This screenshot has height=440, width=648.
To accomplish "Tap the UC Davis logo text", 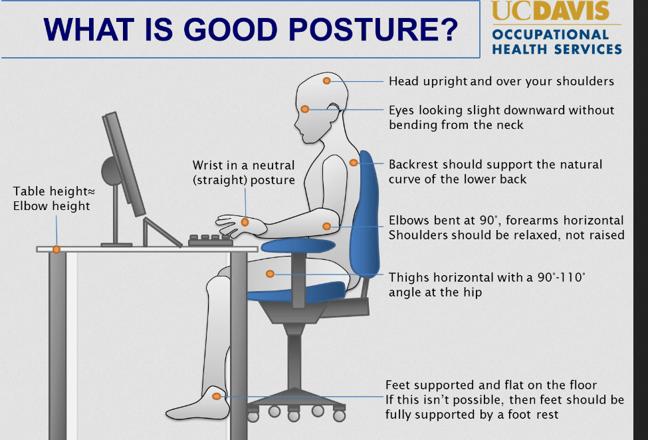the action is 550,11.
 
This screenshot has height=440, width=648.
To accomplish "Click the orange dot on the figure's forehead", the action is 326,81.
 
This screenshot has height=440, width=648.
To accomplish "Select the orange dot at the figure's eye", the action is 305,109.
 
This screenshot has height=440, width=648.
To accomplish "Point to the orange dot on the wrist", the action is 245,222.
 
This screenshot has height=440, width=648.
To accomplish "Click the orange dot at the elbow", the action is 326,227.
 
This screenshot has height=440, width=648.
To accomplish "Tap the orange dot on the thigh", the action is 270,273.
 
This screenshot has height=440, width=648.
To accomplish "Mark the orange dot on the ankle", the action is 216,397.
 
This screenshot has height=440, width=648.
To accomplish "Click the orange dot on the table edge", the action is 56,249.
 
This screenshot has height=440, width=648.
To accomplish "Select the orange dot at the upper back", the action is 354,163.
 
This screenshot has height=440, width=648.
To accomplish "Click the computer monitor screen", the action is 124,164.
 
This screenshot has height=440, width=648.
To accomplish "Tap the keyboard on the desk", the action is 211,241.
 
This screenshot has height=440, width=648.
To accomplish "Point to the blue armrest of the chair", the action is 298,246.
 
